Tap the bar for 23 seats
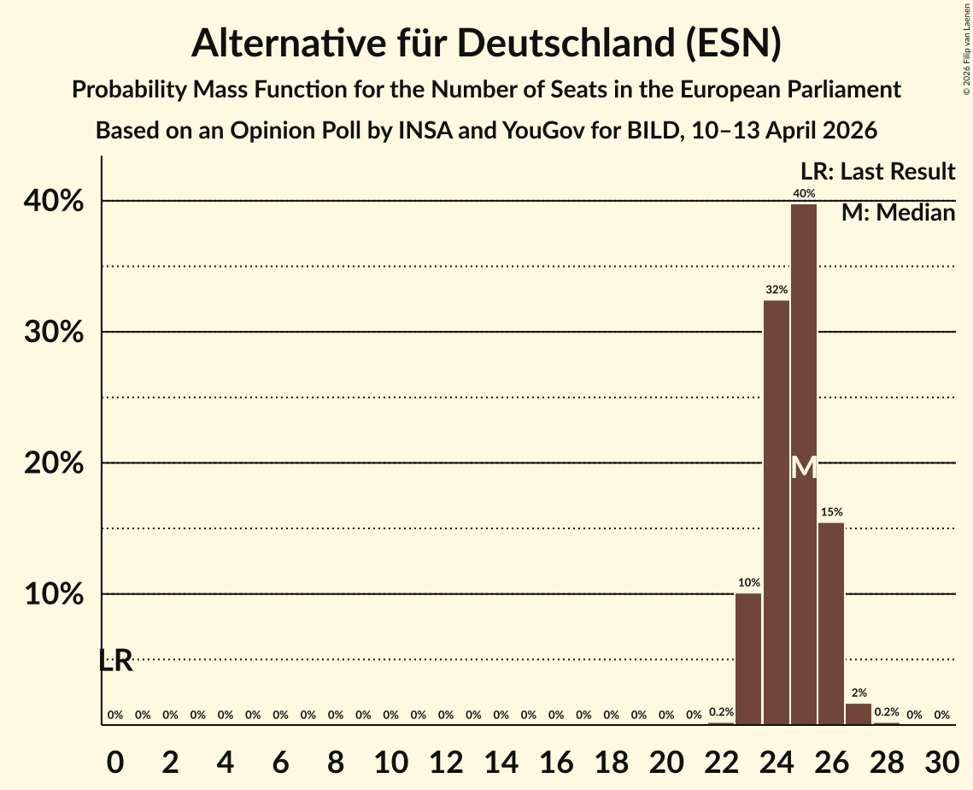[748, 658]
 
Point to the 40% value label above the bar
[804, 194]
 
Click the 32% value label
[777, 291]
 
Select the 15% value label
[831, 512]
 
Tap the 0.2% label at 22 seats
[721, 712]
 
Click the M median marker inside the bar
[804, 468]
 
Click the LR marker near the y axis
[115, 660]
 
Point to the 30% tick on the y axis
[59, 333]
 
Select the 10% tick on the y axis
[59, 594]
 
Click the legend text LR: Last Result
[877, 172]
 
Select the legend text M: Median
[898, 213]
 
